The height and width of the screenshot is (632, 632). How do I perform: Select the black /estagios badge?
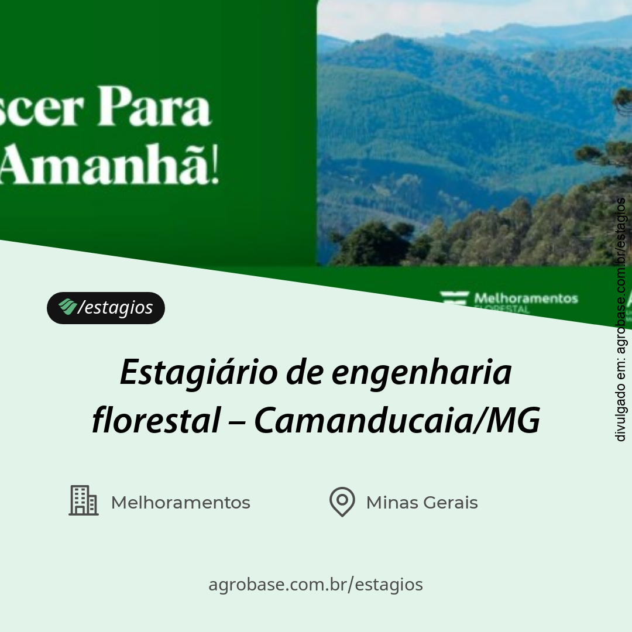click(x=106, y=308)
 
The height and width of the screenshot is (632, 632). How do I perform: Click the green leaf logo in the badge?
click(x=67, y=306)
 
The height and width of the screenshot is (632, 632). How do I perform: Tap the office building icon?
click(x=84, y=501)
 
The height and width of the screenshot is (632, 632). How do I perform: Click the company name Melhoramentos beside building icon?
click(x=180, y=503)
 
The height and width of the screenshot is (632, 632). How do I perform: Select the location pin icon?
click(x=342, y=502)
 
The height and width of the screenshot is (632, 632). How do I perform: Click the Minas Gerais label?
click(x=422, y=503)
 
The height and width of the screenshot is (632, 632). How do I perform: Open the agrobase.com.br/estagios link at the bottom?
click(x=315, y=584)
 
